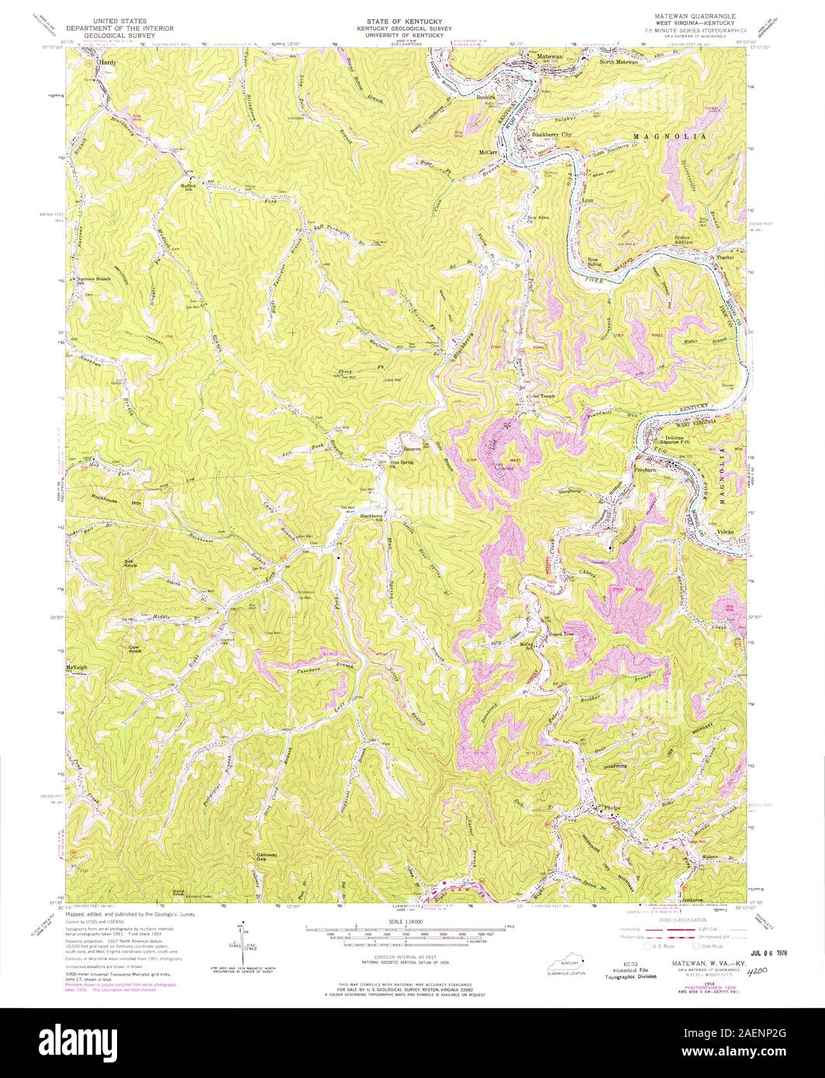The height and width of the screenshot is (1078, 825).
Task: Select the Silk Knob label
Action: tap(129, 561)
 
